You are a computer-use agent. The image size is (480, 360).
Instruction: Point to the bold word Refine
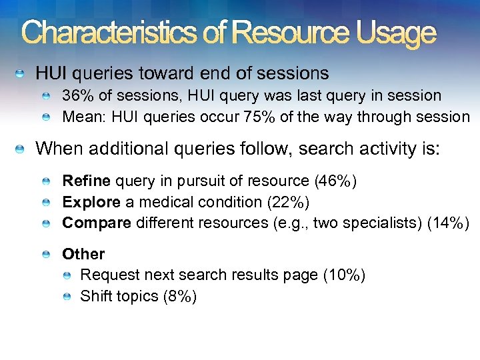[x=86, y=180]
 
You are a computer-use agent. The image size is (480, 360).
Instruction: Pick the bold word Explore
[x=91, y=201]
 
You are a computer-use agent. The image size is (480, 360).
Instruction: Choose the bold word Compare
[x=96, y=223]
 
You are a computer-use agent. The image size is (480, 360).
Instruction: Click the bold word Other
[x=83, y=254]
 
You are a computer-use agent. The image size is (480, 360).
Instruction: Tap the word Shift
[x=95, y=296]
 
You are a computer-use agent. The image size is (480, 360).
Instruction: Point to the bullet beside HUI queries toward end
[x=22, y=73]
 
